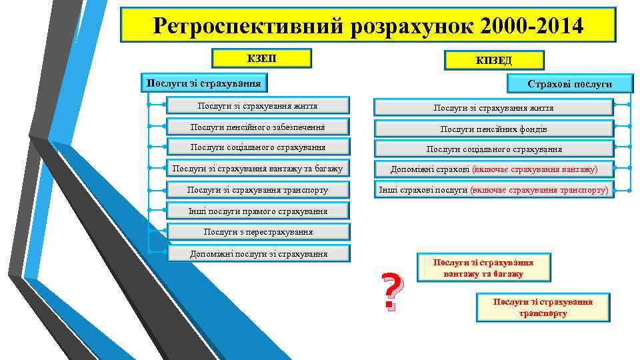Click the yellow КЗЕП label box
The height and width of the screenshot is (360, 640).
pyautogui.click(x=261, y=59)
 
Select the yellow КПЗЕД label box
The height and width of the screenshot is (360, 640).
pyautogui.click(x=494, y=61)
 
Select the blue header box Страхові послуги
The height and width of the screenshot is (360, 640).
pyautogui.click(x=569, y=84)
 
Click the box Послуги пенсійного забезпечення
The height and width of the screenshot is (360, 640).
pyautogui.click(x=257, y=127)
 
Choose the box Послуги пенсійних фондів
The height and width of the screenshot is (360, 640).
pyautogui.click(x=493, y=129)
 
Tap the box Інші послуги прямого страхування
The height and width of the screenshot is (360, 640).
pyautogui.click(x=257, y=211)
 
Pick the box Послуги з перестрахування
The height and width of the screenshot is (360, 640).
pyautogui.click(x=257, y=232)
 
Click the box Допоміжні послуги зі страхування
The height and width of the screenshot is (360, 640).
pyautogui.click(x=257, y=253)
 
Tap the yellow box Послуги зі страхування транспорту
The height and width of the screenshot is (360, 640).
pyautogui.click(x=543, y=307)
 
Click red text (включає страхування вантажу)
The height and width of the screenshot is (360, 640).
pyautogui.click(x=534, y=170)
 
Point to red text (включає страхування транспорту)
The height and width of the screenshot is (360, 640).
pyautogui.click(x=539, y=190)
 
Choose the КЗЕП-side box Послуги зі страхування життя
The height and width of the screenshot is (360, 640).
pyautogui.click(x=257, y=105)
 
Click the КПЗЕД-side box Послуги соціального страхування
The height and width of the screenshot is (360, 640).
pyautogui.click(x=493, y=149)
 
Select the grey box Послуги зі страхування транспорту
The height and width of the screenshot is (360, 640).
pyautogui.click(x=257, y=190)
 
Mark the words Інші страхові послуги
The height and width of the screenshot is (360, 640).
pyautogui.click(x=423, y=190)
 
